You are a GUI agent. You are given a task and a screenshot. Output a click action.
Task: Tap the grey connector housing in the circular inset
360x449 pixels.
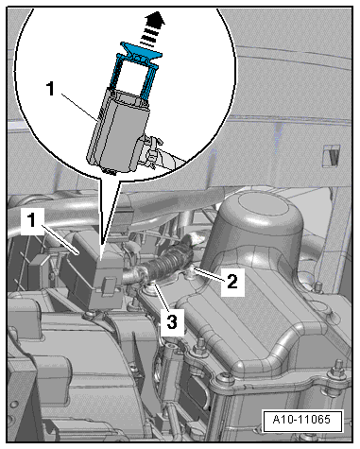pos(119,132)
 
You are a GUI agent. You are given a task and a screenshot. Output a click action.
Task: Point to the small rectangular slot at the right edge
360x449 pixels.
pos(333,153)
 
